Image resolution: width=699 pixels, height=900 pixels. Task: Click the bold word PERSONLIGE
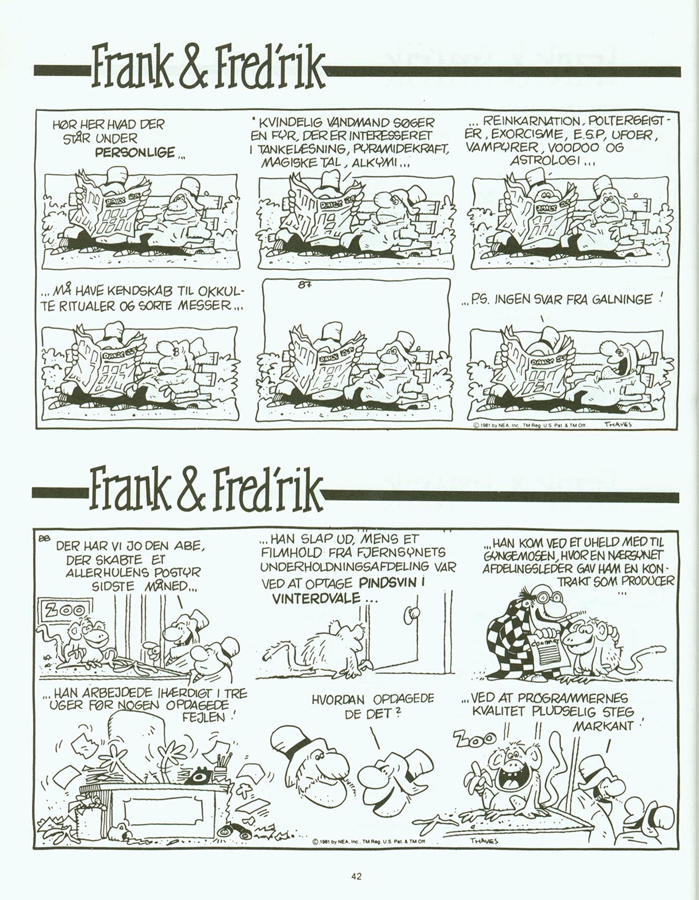click(x=135, y=152)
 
